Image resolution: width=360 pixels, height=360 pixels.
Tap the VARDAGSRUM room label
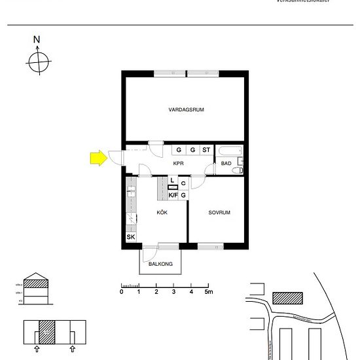[x=186, y=110]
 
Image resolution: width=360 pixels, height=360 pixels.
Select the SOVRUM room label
[x=220, y=213]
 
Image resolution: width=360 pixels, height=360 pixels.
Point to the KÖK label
[x=162, y=213]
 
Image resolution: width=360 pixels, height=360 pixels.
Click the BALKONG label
[x=160, y=264]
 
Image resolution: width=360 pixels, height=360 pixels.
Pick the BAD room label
[x=226, y=163]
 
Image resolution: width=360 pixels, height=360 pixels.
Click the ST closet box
[x=206, y=150]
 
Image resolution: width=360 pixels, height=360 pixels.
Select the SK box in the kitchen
[x=130, y=237]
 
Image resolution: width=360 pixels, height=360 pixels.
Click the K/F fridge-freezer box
[x=173, y=194]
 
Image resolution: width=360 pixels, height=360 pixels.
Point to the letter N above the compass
[x=37, y=40]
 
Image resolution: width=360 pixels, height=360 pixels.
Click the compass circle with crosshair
[x=38, y=62]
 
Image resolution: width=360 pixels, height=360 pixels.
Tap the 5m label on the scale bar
[x=209, y=292]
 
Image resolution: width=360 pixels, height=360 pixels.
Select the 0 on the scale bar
[x=122, y=292]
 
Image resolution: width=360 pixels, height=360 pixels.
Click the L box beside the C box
[x=172, y=180]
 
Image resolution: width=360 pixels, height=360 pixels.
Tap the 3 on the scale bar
[x=173, y=292]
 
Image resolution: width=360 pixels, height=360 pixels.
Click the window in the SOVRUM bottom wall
[x=211, y=246]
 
